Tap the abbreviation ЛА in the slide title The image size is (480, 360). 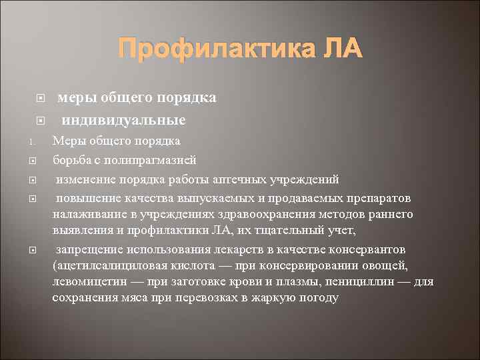coord(343,49)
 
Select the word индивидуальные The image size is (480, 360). coord(124,120)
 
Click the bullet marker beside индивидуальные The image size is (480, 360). coord(39,121)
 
